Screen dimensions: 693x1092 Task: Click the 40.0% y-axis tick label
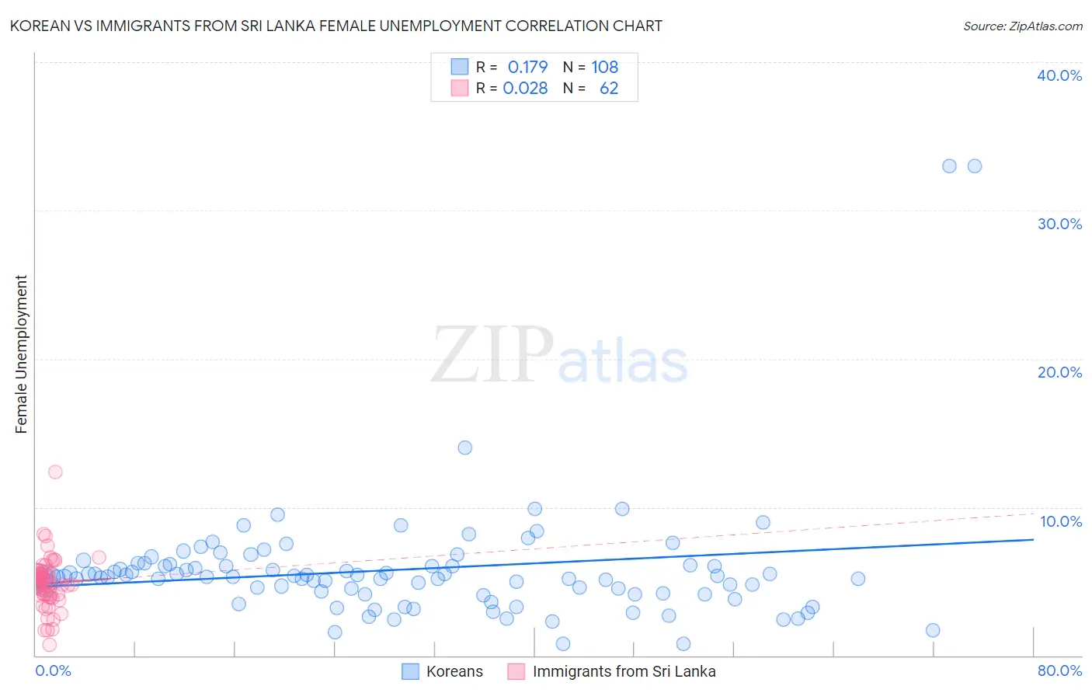(1059, 75)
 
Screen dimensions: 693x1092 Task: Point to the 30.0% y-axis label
(1059, 224)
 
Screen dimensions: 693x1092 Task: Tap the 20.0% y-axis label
(1059, 372)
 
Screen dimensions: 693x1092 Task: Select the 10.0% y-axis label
(1061, 521)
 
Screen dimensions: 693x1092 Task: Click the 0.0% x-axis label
(53, 670)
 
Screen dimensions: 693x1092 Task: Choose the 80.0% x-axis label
(1059, 670)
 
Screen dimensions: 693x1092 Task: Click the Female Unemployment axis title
(21, 354)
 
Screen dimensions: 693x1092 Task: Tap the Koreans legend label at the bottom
(454, 671)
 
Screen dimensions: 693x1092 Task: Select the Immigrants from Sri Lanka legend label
(624, 671)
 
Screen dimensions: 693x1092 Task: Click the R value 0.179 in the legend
(527, 67)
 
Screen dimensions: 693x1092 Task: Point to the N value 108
(604, 67)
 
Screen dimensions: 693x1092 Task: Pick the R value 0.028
(525, 89)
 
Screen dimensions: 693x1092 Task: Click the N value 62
(609, 89)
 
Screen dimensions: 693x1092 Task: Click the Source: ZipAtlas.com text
(1022, 26)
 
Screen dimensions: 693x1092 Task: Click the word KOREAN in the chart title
(38, 26)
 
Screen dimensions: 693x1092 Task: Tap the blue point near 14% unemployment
(464, 447)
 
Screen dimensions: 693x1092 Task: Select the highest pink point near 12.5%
(55, 472)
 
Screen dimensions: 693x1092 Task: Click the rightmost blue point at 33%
(974, 166)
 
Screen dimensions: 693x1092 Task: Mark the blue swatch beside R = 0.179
(460, 67)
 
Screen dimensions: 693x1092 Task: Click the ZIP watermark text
(492, 355)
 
